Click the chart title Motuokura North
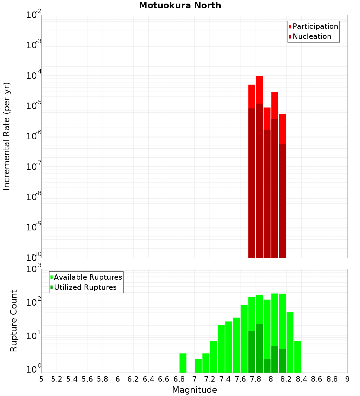(180, 5)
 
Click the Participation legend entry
(315, 26)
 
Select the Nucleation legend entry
(312, 36)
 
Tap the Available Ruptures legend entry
(87, 277)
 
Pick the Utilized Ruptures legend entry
(85, 287)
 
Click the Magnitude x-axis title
(194, 390)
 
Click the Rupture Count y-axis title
(14, 320)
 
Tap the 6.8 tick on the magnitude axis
(179, 379)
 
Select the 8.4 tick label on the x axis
(301, 379)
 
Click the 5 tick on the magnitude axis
(41, 379)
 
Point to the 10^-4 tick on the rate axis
(33, 76)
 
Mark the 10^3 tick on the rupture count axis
(33, 269)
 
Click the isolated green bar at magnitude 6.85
(183, 363)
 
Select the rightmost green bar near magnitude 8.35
(297, 357)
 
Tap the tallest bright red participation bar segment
(259, 90)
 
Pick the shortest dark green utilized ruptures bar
(267, 366)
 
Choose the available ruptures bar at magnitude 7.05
(198, 366)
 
